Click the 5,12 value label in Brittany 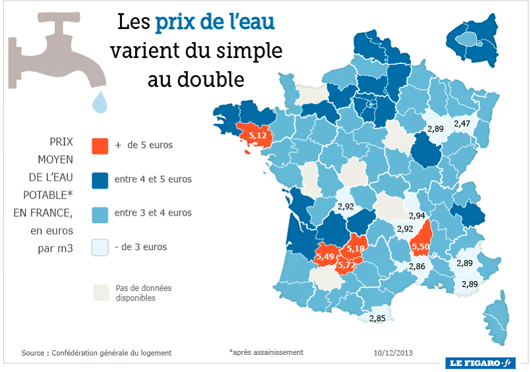pyautogui.click(x=257, y=136)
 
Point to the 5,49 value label pyautogui.click(x=326, y=257)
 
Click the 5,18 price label pyautogui.click(x=356, y=249)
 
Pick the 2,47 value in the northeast pyautogui.click(x=461, y=123)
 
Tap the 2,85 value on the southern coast pyautogui.click(x=377, y=318)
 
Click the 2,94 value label pyautogui.click(x=416, y=216)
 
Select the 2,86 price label pyautogui.click(x=416, y=266)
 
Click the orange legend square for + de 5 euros pyautogui.click(x=100, y=144)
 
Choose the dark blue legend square pyautogui.click(x=100, y=179)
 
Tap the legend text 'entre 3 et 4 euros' pyautogui.click(x=153, y=213)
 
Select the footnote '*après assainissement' pyautogui.click(x=266, y=352)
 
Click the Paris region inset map pyautogui.click(x=473, y=40)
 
